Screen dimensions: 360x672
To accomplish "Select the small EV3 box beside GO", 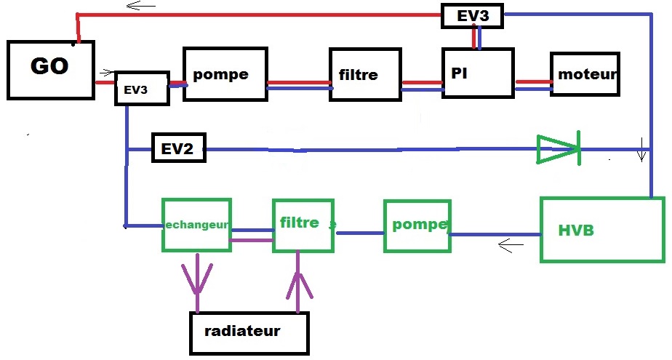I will coord(142,89).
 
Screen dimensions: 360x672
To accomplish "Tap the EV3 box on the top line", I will coord(473,15).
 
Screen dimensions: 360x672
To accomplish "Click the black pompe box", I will coord(225,75).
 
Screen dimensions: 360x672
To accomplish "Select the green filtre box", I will coord(303,225).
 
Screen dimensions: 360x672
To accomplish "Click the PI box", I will coord(478,73).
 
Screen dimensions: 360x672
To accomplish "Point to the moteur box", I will coord(585,74).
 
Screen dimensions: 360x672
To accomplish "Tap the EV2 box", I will coord(178,148).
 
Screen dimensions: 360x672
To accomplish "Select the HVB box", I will coord(601,229).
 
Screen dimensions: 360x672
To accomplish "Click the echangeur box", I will coord(196,225).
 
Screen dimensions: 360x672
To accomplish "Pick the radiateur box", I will coord(249,332).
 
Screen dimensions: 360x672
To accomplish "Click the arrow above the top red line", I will coord(141,7).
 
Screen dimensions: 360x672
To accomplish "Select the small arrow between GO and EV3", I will coord(107,73).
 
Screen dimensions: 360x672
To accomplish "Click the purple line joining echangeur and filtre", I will coord(252,240).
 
